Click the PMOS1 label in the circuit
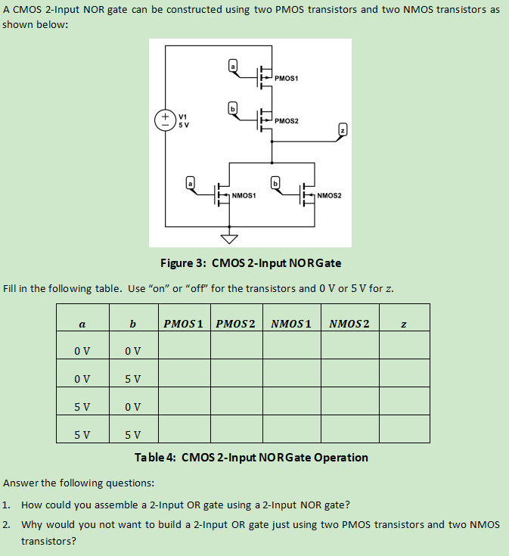click(287, 78)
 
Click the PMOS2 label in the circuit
click(287, 120)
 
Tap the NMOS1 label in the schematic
click(244, 195)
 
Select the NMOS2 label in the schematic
click(331, 195)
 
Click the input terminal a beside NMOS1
click(191, 183)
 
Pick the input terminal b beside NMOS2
click(276, 183)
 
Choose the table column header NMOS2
click(349, 324)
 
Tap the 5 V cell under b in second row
click(132, 378)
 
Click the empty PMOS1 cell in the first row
click(184, 351)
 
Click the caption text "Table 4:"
click(157, 458)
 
